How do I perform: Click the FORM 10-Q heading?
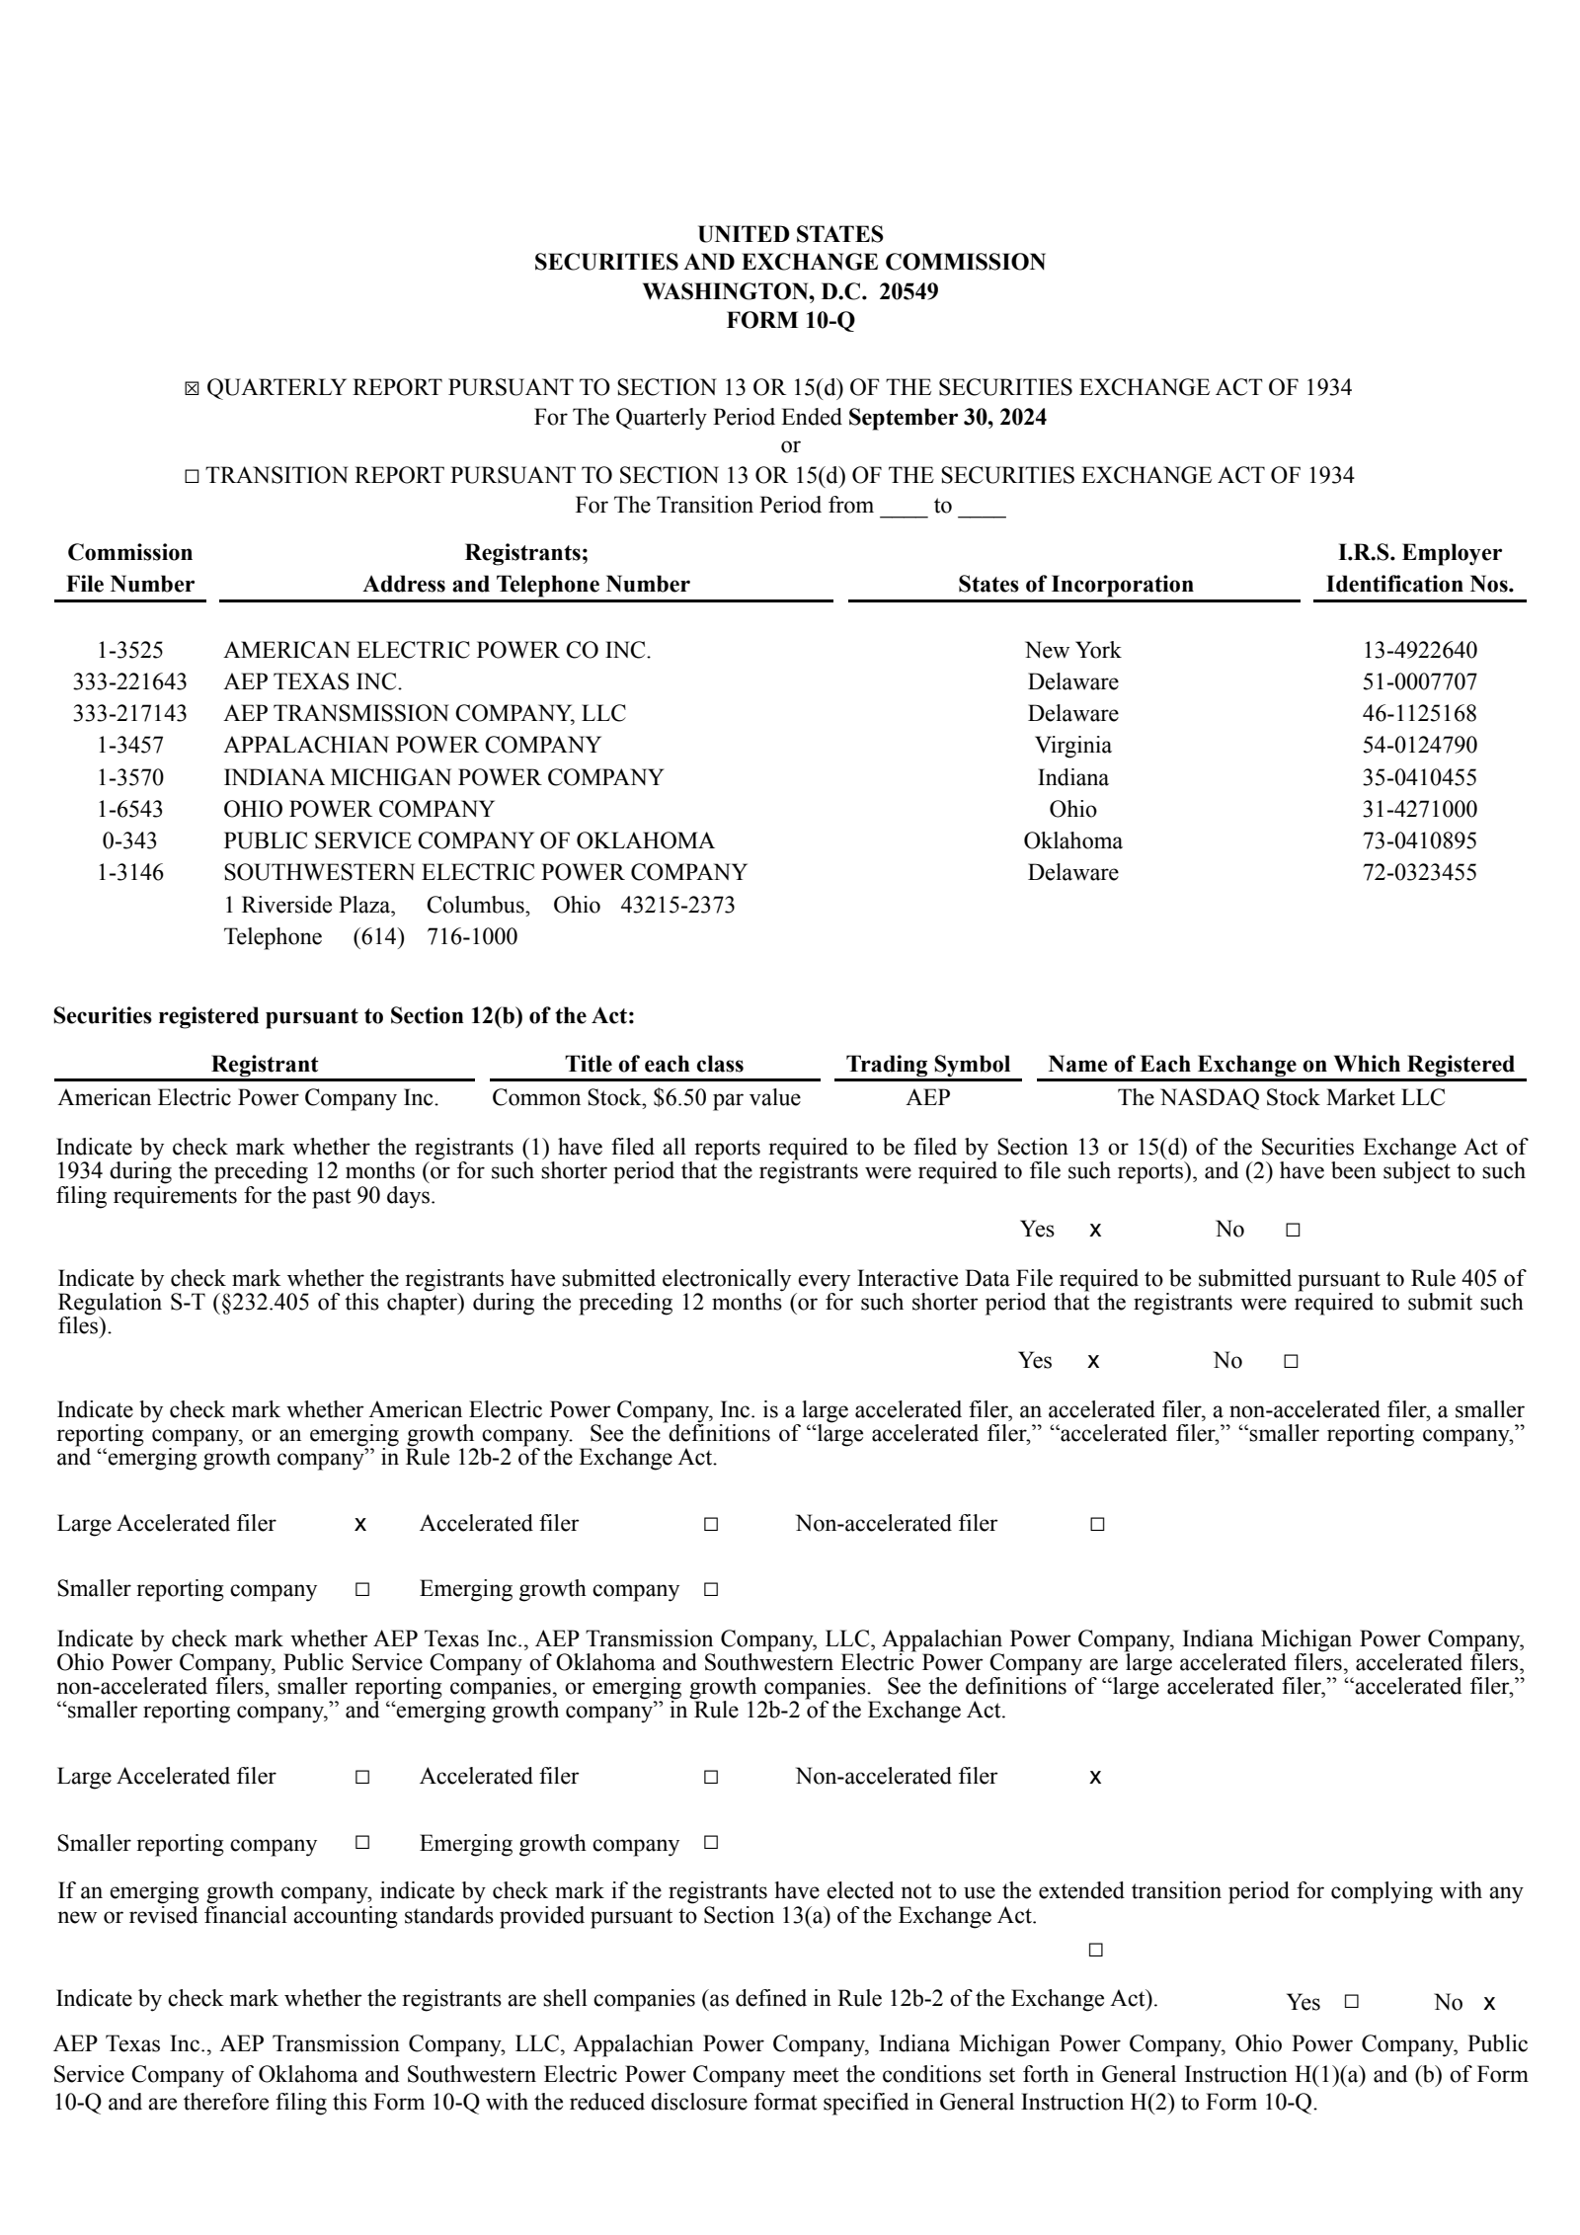coord(790,320)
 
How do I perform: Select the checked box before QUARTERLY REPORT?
coord(192,389)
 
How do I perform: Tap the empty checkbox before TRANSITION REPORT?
coord(192,477)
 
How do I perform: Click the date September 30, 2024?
coord(947,417)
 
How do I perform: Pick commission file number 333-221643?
coord(129,681)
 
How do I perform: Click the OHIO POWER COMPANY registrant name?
coord(358,809)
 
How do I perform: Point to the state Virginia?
coord(1072,745)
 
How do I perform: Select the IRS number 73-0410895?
coord(1419,840)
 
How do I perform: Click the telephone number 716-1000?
coord(471,936)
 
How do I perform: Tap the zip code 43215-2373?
coord(676,905)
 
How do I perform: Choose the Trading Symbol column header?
coord(927,1064)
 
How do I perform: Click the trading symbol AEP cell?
coord(927,1097)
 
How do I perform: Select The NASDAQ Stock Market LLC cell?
coord(1281,1097)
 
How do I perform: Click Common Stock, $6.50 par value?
coord(646,1097)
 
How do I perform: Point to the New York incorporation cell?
coord(1072,650)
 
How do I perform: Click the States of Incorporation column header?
coord(1074,584)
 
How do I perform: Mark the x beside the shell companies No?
coord(1489,2003)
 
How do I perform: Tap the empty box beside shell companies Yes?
coord(1352,2002)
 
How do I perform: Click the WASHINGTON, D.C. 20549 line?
coord(790,291)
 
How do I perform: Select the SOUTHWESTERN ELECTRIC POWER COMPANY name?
coord(485,872)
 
